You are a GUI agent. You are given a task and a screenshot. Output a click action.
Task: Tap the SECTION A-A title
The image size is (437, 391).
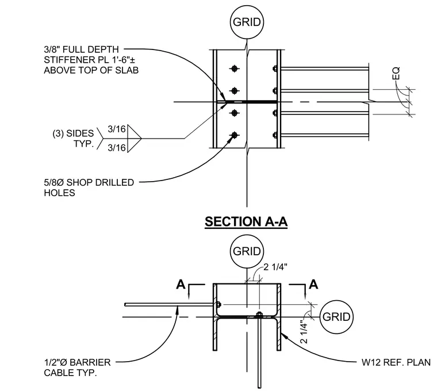pos(246,222)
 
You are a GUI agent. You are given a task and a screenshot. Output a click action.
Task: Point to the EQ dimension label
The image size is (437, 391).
pos(396,73)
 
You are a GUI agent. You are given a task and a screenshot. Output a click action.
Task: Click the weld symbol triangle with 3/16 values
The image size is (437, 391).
pos(135,138)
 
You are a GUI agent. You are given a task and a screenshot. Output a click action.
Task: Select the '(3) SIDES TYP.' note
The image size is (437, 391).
pos(73,139)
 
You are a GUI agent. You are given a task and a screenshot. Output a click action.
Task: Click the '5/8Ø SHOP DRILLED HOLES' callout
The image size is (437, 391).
pos(89,187)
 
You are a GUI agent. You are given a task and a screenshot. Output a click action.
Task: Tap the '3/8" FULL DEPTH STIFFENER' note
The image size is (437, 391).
pos(91,60)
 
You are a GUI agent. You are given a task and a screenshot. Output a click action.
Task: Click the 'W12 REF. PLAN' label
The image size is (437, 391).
pos(396,362)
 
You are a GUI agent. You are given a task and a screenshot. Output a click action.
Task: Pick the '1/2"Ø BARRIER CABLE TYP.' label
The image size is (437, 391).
pos(77,367)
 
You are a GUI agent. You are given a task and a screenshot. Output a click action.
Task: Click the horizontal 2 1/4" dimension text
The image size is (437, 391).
pos(275,267)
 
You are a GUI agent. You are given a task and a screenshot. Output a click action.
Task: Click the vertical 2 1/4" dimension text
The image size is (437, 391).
pos(304,332)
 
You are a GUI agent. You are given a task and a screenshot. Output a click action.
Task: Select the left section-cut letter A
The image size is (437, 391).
pos(181,285)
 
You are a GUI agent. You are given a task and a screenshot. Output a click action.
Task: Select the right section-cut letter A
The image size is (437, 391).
pos(313,285)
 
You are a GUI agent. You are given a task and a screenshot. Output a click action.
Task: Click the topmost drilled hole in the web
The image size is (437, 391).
pos(235,68)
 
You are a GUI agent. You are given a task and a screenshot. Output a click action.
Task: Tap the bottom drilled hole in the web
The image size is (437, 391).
pos(235,136)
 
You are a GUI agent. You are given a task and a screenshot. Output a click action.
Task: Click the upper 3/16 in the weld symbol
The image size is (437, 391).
pos(117,129)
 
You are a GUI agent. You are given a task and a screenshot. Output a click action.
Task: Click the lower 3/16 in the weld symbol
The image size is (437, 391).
pos(117,148)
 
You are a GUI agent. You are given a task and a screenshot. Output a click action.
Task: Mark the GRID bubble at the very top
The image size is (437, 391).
pos(247,22)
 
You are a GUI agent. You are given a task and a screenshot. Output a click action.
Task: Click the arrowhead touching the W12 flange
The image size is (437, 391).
pos(283,336)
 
